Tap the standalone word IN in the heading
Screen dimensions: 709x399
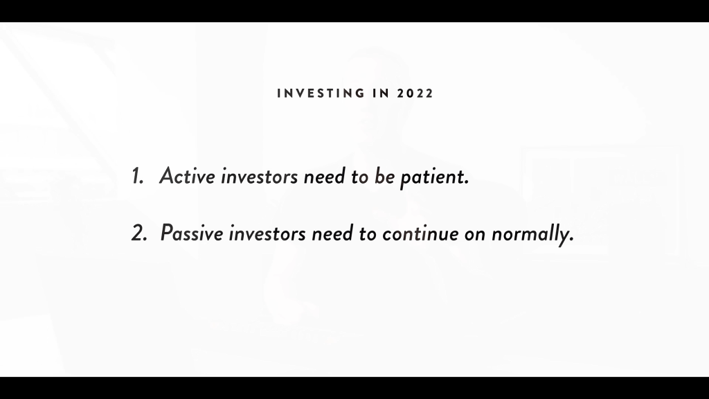tap(382, 94)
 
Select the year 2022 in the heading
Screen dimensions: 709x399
tap(415, 94)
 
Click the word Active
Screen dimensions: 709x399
tap(187, 175)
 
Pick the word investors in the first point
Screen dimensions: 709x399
tap(259, 177)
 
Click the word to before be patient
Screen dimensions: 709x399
tap(360, 177)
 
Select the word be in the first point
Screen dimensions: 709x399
tap(384, 176)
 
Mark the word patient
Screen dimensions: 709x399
tap(432, 177)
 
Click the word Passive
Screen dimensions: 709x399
tap(192, 233)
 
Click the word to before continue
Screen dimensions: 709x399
tap(368, 234)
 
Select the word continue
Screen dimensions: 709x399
tap(420, 234)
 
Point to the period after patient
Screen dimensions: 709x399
tap(467, 183)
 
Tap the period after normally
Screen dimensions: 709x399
tap(571, 240)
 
